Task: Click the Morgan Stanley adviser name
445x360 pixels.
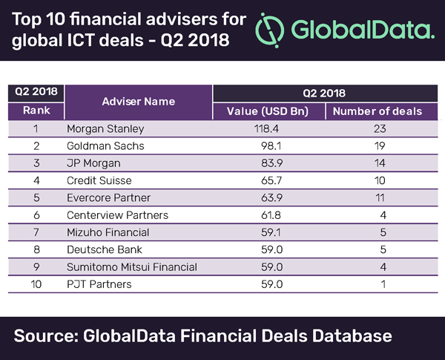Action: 105,128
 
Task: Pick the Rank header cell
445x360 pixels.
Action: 34,111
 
